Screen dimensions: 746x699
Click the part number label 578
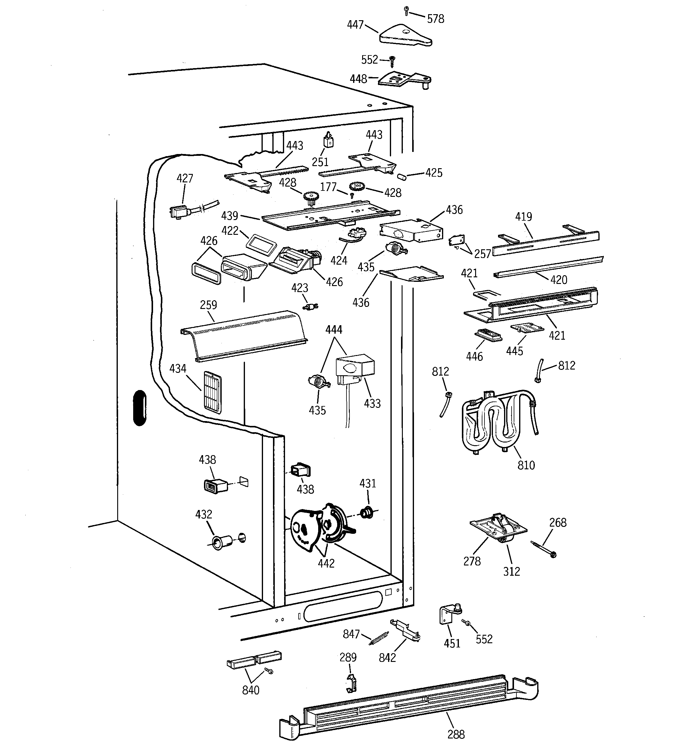tap(435, 19)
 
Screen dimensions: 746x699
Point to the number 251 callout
tap(320, 162)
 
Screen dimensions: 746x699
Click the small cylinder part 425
tap(402, 176)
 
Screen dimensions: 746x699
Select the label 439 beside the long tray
tap(230, 216)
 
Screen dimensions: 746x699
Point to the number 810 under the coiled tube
tap(526, 465)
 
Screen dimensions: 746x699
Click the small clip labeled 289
tap(350, 683)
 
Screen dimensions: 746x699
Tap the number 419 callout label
tap(523, 216)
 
